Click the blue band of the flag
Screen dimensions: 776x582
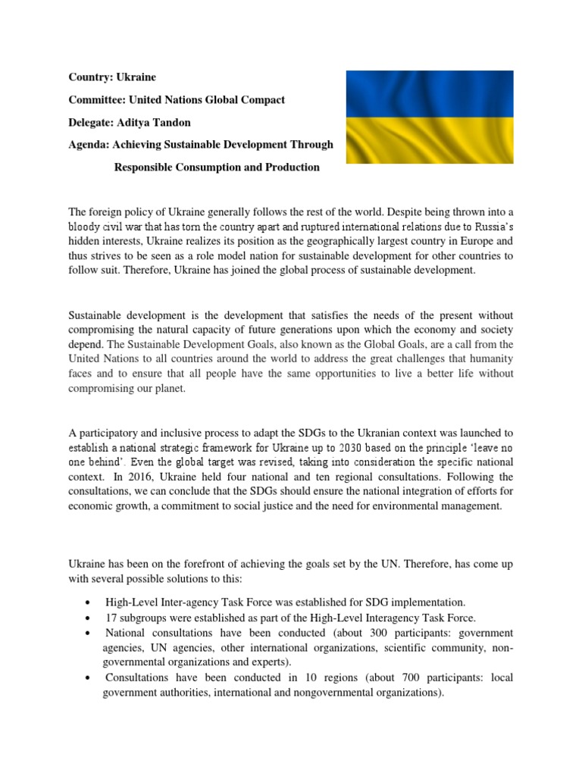coord(430,95)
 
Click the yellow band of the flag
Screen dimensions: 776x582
coord(430,140)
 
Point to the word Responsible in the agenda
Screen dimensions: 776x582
coord(142,167)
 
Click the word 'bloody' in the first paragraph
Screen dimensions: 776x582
coord(86,226)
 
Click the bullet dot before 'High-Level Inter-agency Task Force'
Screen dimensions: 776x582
coord(91,604)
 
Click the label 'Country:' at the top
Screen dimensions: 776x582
coord(92,78)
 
